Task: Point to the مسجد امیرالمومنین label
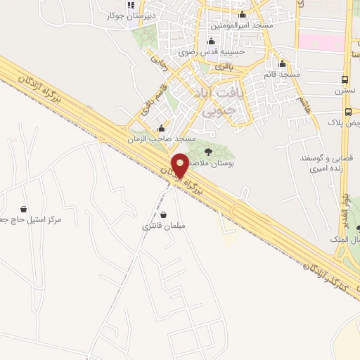243,25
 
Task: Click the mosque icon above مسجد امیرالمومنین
243,15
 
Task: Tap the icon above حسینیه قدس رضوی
211,41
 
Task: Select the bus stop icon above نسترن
345,79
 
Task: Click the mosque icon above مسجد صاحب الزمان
162,129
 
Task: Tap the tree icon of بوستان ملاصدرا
207,152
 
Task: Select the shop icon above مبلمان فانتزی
163,214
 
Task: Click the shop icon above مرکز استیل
24,209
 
